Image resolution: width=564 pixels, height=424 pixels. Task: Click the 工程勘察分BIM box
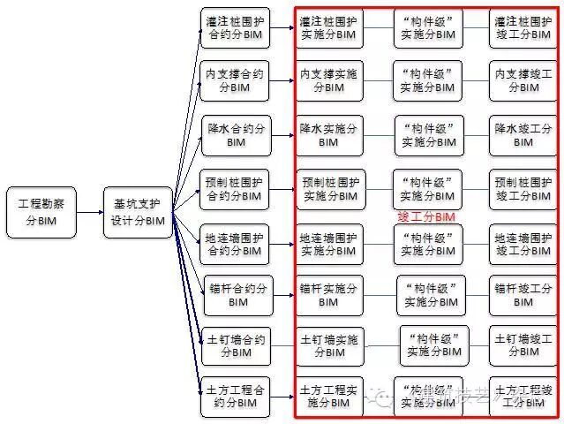(x=41, y=212)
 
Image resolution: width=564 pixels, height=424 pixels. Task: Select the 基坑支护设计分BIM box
(x=137, y=212)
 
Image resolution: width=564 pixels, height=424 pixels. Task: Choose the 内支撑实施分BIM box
(x=329, y=80)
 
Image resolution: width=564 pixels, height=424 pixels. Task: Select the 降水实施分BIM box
(x=329, y=135)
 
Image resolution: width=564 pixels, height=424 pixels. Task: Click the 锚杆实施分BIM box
(x=329, y=295)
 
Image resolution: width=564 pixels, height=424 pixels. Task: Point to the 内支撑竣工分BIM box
(x=523, y=80)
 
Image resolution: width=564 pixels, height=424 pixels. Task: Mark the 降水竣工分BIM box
(x=523, y=135)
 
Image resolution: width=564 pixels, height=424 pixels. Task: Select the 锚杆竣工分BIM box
(x=523, y=295)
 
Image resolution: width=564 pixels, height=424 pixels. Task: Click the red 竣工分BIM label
(x=425, y=216)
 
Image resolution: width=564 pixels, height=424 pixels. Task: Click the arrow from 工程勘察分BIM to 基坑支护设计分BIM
(x=90, y=212)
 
